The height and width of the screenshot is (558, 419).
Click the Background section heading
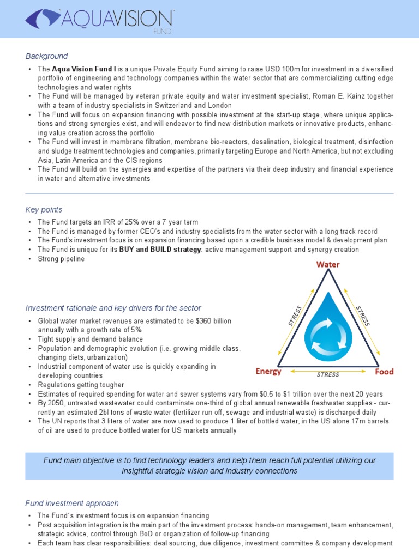click(47, 56)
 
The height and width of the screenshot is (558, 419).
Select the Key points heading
click(44, 209)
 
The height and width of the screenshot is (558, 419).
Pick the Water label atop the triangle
click(328, 265)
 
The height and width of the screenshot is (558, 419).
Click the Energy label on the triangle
click(268, 372)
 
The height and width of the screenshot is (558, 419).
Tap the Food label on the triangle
click(384, 372)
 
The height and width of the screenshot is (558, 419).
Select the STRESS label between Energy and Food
click(328, 374)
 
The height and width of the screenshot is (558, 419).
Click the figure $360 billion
click(212, 321)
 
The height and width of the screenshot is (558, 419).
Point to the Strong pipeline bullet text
click(61, 259)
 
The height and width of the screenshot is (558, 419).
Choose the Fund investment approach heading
click(72, 503)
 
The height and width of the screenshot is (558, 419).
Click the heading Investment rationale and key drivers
click(113, 308)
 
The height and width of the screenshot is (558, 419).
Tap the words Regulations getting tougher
click(81, 385)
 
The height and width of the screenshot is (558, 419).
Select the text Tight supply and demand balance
click(90, 339)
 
